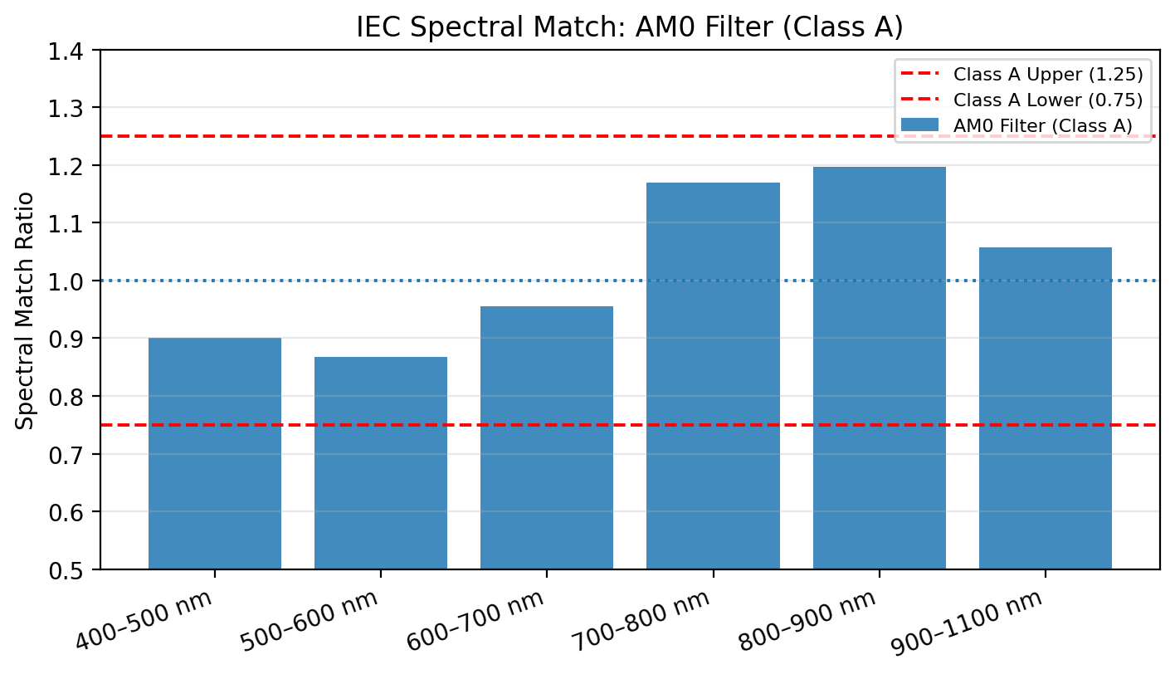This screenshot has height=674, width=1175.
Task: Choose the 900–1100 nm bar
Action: tap(1045, 408)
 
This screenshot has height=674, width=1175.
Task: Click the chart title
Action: tap(629, 27)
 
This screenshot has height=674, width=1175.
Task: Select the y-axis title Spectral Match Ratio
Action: tap(26, 310)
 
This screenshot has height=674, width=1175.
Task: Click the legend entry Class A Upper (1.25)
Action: tap(1048, 74)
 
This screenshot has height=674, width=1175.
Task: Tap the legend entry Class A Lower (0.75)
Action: tap(1048, 100)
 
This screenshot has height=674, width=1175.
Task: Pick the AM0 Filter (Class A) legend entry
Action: tap(1042, 125)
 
